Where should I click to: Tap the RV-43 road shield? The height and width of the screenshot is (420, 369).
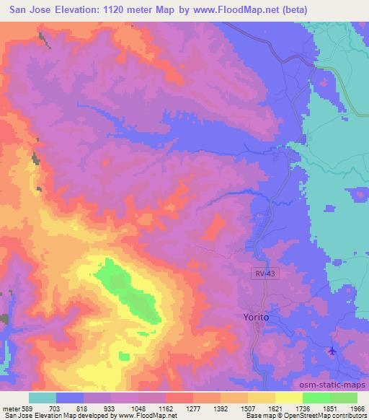click(263, 274)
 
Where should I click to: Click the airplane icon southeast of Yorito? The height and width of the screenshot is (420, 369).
click(332, 351)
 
